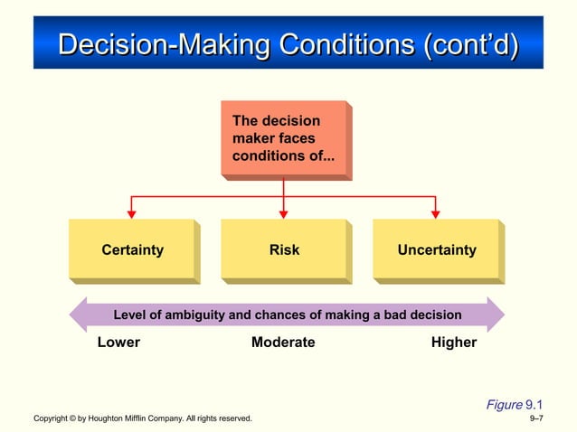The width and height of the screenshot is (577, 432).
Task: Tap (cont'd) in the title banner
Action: click(468, 43)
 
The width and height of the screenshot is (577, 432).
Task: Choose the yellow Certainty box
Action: click(132, 249)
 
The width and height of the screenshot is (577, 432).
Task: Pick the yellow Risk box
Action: click(284, 249)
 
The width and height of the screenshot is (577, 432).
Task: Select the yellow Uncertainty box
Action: click(436, 249)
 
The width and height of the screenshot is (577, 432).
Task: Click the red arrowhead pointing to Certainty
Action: click(131, 214)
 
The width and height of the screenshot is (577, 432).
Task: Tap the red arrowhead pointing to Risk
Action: click(283, 214)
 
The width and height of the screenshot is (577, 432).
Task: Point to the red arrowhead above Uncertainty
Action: click(435, 214)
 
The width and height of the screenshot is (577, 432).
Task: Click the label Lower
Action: click(118, 343)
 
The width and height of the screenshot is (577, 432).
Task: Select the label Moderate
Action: click(283, 343)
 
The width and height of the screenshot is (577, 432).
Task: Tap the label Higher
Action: click(454, 343)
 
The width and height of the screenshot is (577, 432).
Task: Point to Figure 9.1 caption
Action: click(514, 404)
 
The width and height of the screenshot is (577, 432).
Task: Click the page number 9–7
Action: click(535, 419)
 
